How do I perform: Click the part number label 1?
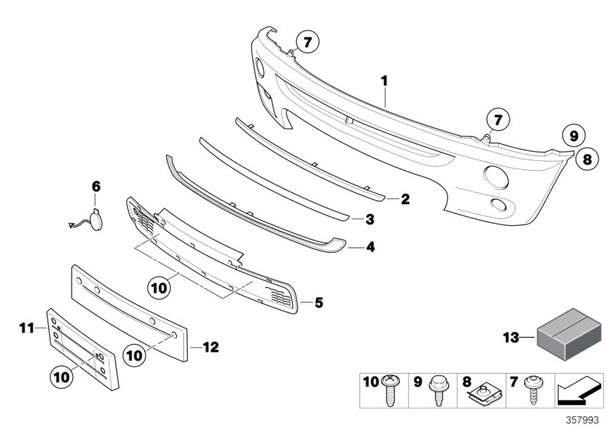tap(385, 80)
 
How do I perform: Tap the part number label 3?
tap(369, 220)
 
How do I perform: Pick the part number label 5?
tap(319, 303)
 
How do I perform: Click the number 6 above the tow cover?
tap(96, 186)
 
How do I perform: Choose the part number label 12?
tap(210, 347)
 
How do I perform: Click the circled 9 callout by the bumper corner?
tap(572, 136)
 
